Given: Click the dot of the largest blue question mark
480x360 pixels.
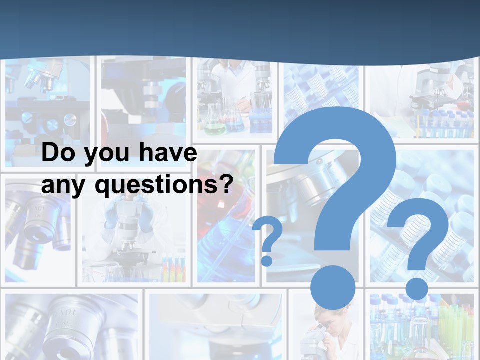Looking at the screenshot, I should (333, 288).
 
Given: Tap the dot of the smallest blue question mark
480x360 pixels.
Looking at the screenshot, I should (267, 260).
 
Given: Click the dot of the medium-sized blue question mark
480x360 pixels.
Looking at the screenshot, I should (416, 289).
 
